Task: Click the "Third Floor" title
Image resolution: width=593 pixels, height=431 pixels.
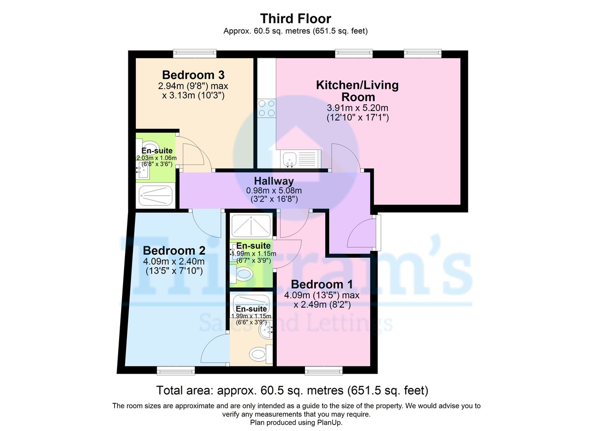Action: (296, 19)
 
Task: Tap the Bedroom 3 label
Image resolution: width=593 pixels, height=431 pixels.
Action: (193, 75)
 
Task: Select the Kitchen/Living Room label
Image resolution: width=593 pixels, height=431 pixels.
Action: (357, 91)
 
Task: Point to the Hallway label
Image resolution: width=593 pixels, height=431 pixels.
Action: (274, 181)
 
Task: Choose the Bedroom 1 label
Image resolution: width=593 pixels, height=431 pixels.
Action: (317, 284)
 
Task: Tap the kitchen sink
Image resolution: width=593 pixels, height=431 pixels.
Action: (290, 159)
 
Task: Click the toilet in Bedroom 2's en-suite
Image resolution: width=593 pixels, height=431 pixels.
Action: (257, 353)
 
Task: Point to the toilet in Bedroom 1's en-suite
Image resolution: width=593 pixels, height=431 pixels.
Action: (244, 274)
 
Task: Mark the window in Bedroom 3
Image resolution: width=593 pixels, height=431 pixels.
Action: (194, 52)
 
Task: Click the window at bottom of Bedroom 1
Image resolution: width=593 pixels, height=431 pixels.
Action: (322, 370)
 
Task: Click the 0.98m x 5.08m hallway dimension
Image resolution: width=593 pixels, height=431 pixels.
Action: (274, 191)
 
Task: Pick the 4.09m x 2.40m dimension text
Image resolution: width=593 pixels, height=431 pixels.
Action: (173, 261)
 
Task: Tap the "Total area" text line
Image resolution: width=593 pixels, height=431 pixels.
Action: (292, 391)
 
